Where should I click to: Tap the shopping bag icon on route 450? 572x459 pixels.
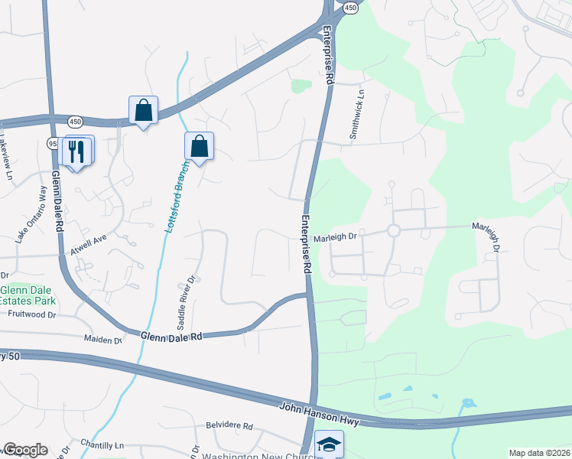click(x=143, y=111)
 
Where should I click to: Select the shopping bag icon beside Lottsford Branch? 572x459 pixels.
click(x=199, y=146)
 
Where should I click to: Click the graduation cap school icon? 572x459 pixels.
click(x=330, y=445)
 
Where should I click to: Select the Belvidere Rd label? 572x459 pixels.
click(x=229, y=425)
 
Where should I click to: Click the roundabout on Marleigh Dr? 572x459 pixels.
click(x=394, y=230)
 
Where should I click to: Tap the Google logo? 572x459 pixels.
click(x=25, y=450)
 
